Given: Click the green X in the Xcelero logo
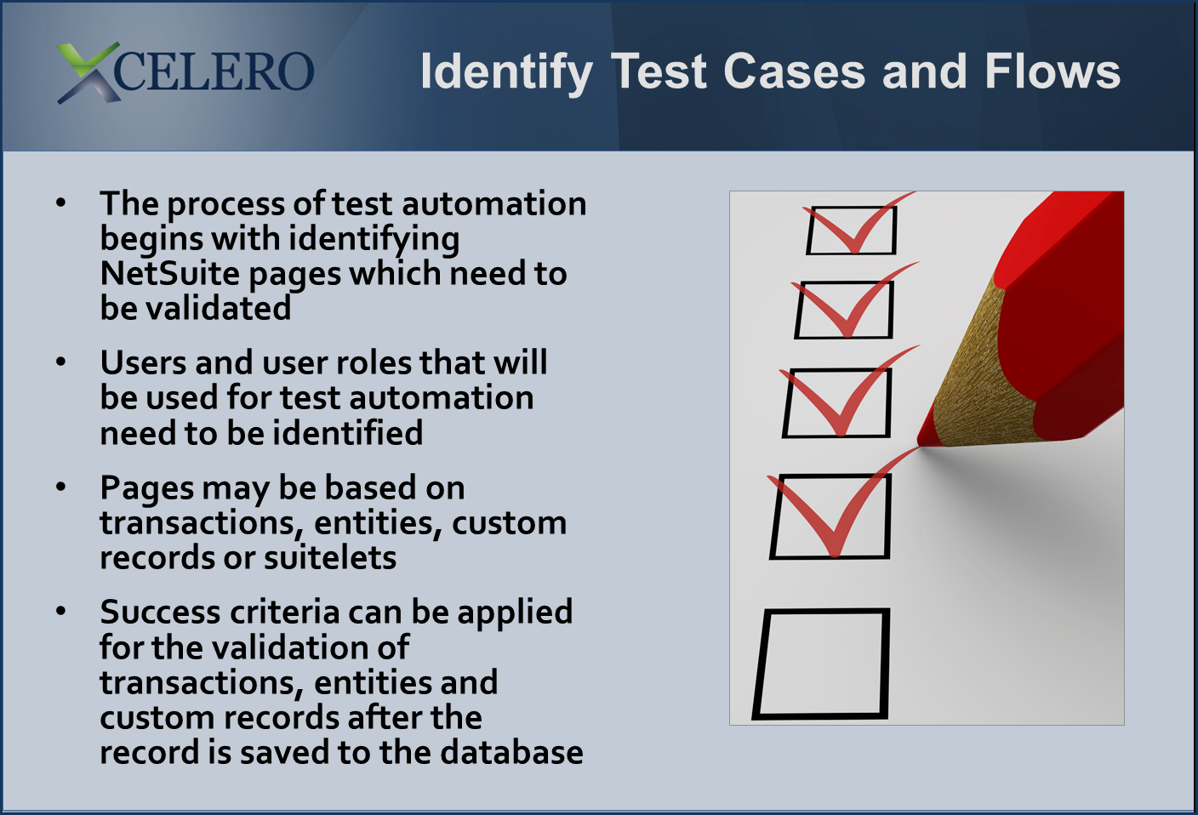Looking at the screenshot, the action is click(88, 72).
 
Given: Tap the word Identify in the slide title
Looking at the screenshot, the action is click(506, 72).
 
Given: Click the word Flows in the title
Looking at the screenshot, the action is click(1053, 71).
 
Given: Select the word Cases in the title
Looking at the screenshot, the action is click(794, 71).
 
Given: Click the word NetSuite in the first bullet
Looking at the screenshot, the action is click(170, 273).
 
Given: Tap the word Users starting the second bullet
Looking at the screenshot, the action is click(143, 362).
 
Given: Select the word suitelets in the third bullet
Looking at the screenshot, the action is click(330, 558).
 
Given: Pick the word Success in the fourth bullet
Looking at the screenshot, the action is click(160, 612).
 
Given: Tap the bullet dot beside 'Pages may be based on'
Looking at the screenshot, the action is click(61, 487).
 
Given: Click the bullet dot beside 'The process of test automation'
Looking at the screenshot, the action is click(61, 202).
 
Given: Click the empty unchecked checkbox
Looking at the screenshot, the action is click(821, 664).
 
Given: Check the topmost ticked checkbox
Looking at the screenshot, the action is click(852, 230).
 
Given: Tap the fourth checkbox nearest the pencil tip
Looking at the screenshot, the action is click(830, 516).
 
